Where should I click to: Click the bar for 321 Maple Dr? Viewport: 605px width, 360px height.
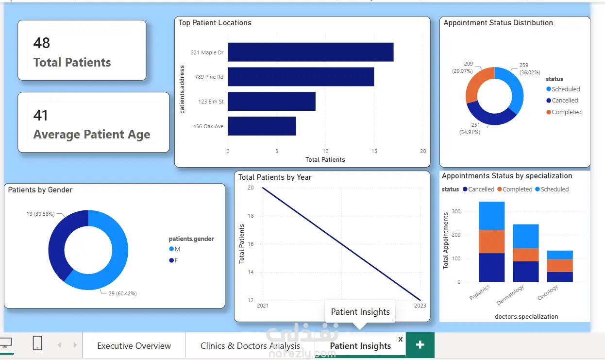311,52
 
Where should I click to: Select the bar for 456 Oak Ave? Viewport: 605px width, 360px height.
262,126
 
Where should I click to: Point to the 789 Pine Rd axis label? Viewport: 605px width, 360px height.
209,77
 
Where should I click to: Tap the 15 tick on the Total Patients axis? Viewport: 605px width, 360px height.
374,151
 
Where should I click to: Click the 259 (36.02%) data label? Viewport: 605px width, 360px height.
529,69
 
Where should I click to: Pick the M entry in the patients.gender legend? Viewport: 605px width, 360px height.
174,249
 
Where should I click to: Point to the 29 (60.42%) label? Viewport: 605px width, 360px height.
123,293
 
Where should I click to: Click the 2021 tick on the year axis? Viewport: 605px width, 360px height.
263,306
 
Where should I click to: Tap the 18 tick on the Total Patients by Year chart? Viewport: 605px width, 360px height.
251,216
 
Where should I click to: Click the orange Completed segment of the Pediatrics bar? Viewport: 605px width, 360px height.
491,241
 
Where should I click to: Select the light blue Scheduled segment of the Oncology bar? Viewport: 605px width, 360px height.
560,255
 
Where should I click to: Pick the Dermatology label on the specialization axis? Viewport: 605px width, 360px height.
510,295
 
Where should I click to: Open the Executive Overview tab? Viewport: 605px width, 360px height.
134,346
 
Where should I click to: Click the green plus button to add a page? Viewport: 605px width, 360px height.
420,345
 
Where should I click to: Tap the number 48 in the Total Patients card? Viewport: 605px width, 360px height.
42,43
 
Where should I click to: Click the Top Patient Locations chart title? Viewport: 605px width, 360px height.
215,23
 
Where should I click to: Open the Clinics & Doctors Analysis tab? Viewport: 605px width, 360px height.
250,346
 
